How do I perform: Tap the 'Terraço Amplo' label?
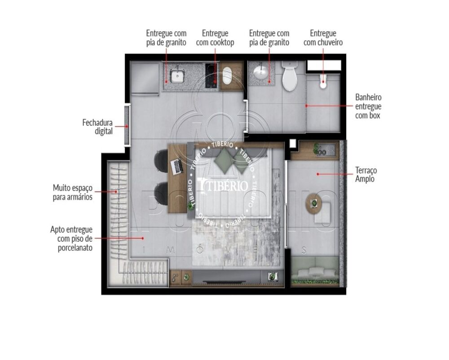pyautogui.click(x=366, y=174)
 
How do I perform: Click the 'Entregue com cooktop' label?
pyautogui.click(x=215, y=38)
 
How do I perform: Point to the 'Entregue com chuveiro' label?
pyautogui.click(x=323, y=38)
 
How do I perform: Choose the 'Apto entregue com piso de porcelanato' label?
pyautogui.click(x=72, y=238)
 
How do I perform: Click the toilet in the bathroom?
pyautogui.click(x=290, y=77)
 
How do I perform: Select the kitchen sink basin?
pyautogui.click(x=177, y=76)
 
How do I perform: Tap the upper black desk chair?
pyautogui.click(x=160, y=160)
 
